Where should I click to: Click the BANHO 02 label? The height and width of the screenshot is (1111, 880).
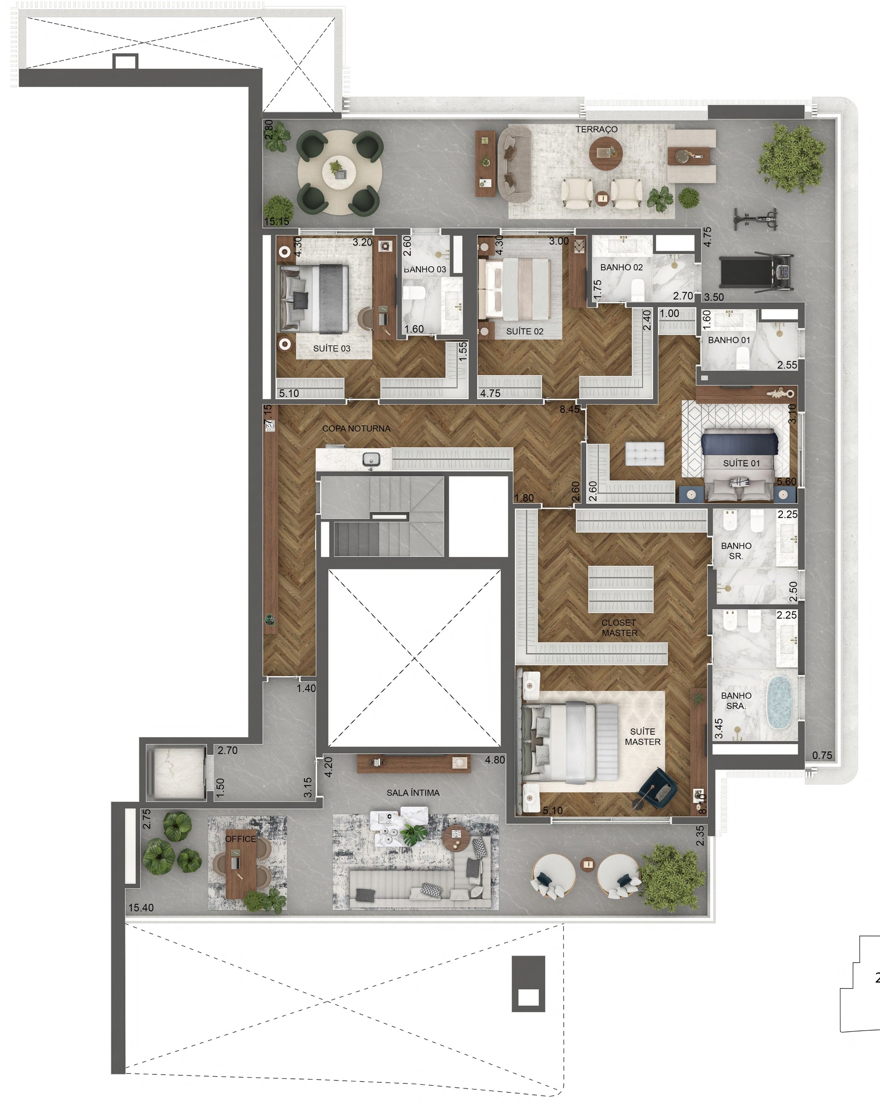coord(621,268)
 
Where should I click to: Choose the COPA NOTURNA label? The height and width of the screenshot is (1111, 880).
coord(356,428)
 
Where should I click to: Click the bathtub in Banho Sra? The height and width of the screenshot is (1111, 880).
coord(779,702)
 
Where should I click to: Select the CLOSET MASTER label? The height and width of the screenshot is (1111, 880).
coord(619,628)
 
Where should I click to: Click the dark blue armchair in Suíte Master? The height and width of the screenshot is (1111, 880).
coord(657,788)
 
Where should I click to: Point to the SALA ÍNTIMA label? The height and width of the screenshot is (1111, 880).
coord(413,793)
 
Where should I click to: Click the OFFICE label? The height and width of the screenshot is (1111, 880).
coord(240,839)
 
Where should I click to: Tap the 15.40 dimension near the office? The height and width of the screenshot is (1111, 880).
coord(140,908)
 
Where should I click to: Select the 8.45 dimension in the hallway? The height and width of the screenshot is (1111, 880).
coord(569,409)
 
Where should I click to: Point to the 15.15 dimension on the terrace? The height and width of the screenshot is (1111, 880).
coord(277,222)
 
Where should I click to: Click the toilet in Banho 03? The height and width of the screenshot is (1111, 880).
coord(414,293)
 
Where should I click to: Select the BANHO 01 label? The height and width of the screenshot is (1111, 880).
coord(729,340)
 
